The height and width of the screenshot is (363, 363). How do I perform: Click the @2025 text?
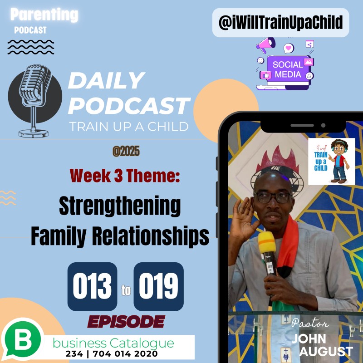click(126, 152)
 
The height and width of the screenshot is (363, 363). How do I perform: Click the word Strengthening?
click(120, 207)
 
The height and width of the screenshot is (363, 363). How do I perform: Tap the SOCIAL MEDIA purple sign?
click(288, 69)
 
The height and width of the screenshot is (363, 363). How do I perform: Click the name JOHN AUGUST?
click(322, 345)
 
